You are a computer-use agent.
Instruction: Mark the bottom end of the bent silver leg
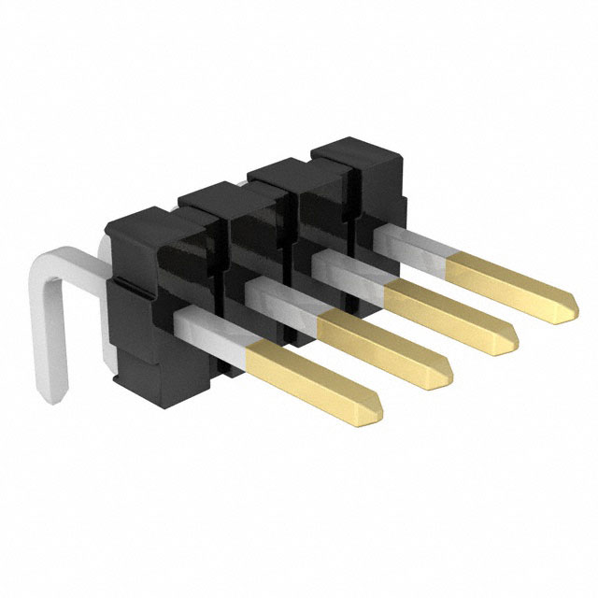pos(55,397)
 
